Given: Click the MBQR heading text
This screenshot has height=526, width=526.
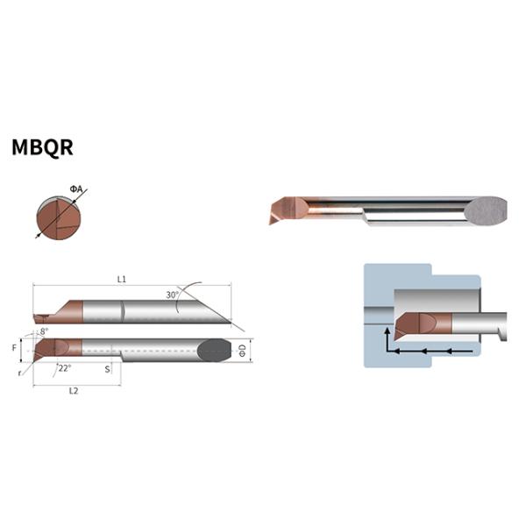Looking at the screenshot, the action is click(42, 147).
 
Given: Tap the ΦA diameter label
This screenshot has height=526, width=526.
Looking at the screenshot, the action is click(76, 189).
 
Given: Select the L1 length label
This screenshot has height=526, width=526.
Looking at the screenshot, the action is click(122, 279).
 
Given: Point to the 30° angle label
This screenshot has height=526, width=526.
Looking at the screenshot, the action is click(173, 295).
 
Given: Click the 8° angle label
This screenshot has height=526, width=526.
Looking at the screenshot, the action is click(44, 331).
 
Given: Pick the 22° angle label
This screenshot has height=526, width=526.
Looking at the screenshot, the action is click(64, 368).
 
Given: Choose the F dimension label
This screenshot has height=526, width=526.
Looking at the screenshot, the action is click(14, 348).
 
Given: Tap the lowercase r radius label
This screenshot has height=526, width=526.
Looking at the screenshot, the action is click(20, 373).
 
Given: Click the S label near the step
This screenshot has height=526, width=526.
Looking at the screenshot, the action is click(107, 369).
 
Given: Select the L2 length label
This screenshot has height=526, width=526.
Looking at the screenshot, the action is click(74, 391).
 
